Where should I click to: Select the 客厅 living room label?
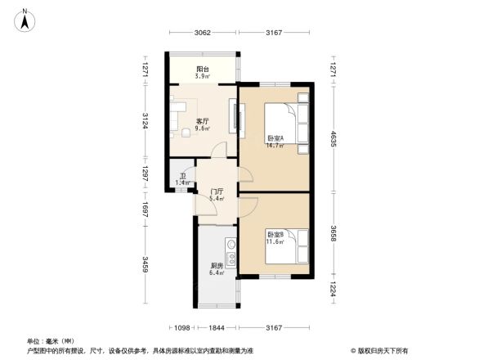[x=202, y=121]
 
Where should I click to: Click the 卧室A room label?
[x=274, y=139]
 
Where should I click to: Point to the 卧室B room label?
[x=274, y=236]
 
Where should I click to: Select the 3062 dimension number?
[x=203, y=33]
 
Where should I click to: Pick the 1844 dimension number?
[x=216, y=327]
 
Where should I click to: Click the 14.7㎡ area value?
[x=274, y=146]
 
